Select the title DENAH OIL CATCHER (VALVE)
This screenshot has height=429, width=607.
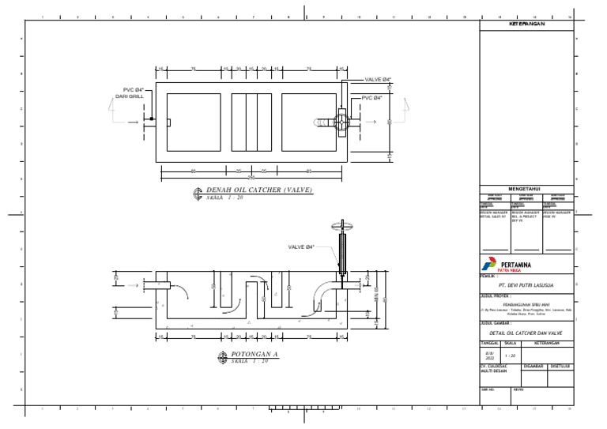tap(260, 190)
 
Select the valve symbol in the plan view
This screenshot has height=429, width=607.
tap(341, 122)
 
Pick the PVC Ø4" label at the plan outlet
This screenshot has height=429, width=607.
tap(372, 98)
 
